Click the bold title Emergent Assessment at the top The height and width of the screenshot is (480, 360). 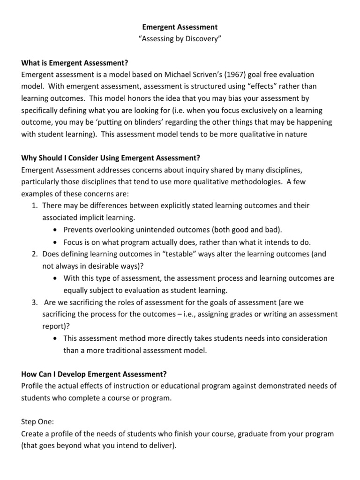180,27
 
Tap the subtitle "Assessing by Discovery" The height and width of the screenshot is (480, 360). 180,39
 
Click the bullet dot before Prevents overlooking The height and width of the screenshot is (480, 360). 56,230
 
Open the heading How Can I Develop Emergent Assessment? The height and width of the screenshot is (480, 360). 94,374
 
